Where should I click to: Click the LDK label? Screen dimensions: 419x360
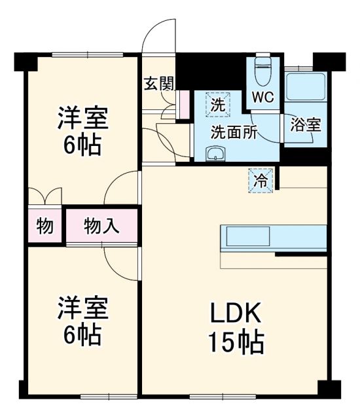tap(235, 314)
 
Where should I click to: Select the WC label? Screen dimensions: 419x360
tap(264, 96)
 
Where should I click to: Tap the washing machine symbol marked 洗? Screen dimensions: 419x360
tap(217, 103)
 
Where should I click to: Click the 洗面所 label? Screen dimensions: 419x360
tap(233, 130)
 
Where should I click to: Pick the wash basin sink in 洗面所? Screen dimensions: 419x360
tap(215, 155)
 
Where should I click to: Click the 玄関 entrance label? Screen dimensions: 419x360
tap(158, 84)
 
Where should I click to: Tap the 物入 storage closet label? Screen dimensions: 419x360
tap(101, 227)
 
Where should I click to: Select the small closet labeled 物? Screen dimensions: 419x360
tap(45, 227)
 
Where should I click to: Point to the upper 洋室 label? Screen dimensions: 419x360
tap(82, 119)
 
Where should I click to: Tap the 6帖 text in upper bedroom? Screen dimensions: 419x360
tap(82, 145)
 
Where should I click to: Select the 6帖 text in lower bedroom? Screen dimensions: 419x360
tap(82, 335)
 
